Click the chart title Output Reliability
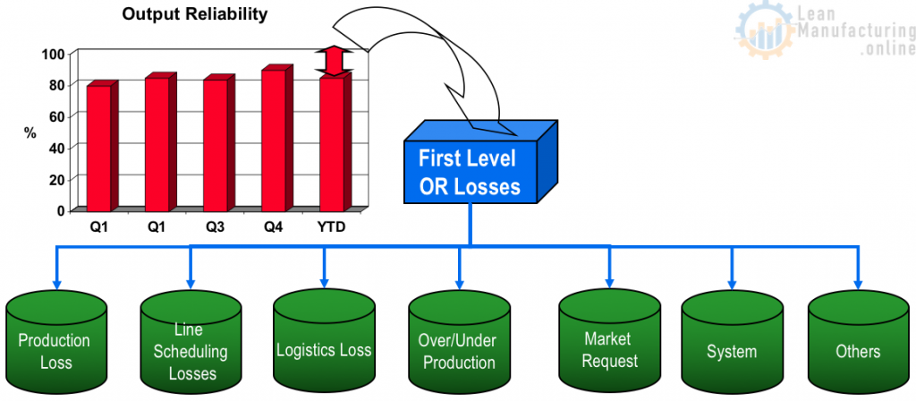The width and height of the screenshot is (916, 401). point(194,14)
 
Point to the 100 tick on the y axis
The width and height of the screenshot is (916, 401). point(54,54)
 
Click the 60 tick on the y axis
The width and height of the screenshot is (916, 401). point(56,116)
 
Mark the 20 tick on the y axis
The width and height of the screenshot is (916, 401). point(56,179)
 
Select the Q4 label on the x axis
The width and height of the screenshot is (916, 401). point(273,226)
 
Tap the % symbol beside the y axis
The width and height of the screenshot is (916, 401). point(30,132)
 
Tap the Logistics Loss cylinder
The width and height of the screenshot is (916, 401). point(323,345)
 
